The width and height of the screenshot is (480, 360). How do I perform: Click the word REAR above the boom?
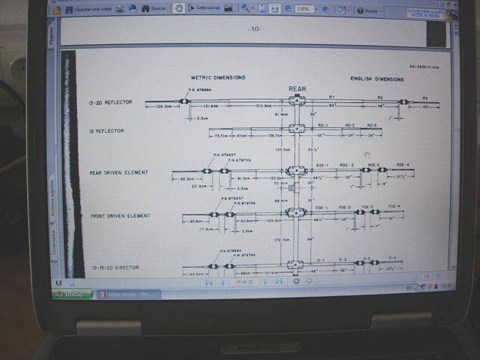[x=298, y=88]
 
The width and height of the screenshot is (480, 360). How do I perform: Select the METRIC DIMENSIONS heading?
[x=218, y=78]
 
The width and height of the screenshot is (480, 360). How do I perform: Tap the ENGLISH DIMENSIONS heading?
[x=377, y=79]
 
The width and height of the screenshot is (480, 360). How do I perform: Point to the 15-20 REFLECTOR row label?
[x=109, y=102]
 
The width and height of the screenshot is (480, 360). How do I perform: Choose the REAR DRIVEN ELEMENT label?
[x=118, y=172]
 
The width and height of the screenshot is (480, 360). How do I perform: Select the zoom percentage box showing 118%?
[x=303, y=9]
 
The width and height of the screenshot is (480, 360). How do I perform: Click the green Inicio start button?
[x=72, y=294]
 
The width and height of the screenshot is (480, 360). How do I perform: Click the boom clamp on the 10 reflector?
[x=298, y=128]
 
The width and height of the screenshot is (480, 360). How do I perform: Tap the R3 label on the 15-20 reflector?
[x=424, y=98]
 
